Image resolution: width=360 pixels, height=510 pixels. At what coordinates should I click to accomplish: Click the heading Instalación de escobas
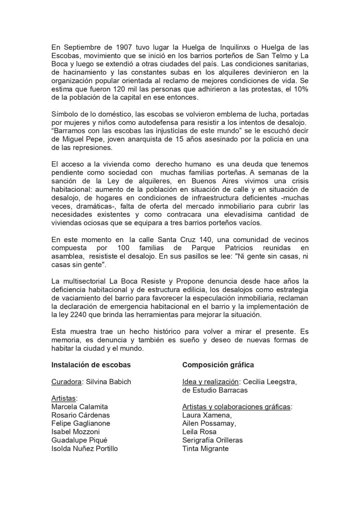(91, 365)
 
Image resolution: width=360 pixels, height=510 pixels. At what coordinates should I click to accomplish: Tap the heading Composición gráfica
(218, 365)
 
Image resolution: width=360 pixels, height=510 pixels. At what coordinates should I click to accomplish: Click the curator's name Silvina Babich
(109, 382)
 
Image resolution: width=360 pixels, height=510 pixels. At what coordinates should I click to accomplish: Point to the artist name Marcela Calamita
(80, 407)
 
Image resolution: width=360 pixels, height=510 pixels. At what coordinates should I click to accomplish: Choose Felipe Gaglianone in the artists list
(81, 423)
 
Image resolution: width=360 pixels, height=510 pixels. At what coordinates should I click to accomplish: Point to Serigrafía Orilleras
(212, 440)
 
